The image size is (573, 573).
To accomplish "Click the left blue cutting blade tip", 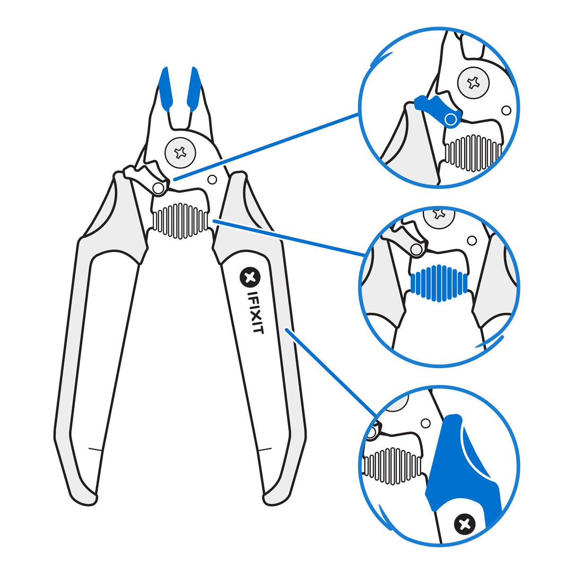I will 166,88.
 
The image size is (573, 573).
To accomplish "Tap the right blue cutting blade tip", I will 194,88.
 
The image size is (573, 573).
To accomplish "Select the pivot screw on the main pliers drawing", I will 180,153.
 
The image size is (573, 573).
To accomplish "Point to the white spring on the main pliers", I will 180,220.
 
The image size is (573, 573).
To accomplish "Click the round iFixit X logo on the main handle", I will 250,276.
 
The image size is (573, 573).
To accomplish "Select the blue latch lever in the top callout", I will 438,109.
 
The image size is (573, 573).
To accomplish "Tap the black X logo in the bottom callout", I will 465,524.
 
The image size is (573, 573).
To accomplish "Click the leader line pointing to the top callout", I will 265,147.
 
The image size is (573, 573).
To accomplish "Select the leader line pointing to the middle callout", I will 289,238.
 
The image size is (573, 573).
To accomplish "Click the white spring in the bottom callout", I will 391,466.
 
